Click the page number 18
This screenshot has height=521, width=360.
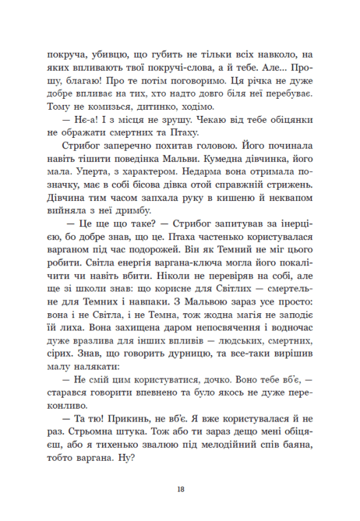(x=180, y=489)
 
